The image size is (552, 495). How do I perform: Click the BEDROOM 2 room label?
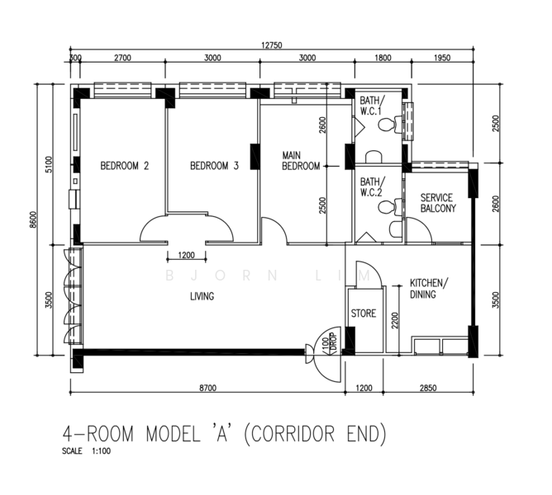pyautogui.click(x=125, y=166)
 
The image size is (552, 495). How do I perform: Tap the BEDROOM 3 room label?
pyautogui.click(x=214, y=166)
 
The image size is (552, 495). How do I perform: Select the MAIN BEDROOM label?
pyautogui.click(x=301, y=161)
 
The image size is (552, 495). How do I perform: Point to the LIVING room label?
pyautogui.click(x=202, y=297)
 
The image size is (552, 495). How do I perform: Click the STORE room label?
pyautogui.click(x=364, y=313)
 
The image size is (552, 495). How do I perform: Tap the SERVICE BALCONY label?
pyautogui.click(x=438, y=203)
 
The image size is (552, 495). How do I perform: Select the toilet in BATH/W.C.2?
pyautogui.click(x=390, y=207)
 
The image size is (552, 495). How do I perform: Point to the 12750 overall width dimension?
pyautogui.click(x=271, y=45)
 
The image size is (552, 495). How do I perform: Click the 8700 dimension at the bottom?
pyautogui.click(x=208, y=388)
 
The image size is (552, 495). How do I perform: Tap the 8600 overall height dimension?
pyautogui.click(x=33, y=219)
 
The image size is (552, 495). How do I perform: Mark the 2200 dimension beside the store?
pyautogui.click(x=395, y=320)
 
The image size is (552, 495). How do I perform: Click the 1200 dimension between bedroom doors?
pyautogui.click(x=187, y=255)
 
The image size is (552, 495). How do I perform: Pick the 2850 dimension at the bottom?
pyautogui.click(x=428, y=388)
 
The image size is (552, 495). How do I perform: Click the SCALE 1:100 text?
pyautogui.click(x=86, y=451)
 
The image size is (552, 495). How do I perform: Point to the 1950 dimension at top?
pyautogui.click(x=442, y=58)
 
